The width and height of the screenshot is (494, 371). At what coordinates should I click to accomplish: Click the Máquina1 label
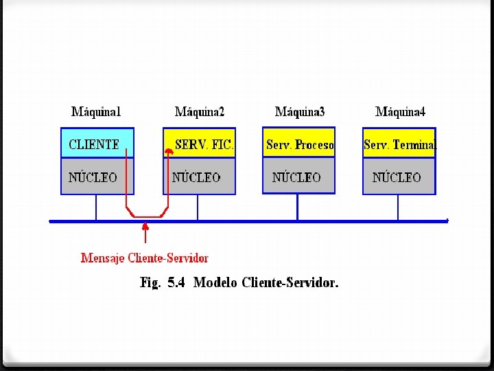tap(96, 111)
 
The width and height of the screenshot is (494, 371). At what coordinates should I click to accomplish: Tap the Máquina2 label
tap(199, 111)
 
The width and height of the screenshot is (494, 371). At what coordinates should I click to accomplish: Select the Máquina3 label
tap(300, 111)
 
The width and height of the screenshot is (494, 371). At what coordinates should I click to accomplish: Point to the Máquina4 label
tap(400, 111)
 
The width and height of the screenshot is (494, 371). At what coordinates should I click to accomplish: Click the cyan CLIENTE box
tap(97, 144)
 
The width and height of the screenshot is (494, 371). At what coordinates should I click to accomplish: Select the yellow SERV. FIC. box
tap(203, 144)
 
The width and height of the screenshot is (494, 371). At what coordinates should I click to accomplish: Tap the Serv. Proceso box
tap(299, 144)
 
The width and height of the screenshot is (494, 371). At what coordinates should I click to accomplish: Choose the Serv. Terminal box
tap(399, 144)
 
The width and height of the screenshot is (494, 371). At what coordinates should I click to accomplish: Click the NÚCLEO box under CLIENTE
tap(97, 177)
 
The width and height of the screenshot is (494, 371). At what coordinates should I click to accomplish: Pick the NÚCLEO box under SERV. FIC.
tap(198, 177)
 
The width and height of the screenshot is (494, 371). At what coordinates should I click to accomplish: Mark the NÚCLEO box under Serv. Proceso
tap(298, 177)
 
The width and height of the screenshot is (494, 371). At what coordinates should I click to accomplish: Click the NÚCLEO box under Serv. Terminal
tap(399, 177)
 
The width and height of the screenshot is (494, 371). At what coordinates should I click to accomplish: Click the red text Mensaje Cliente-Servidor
tap(144, 258)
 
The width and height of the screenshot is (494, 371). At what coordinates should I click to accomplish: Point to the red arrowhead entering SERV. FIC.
tap(169, 153)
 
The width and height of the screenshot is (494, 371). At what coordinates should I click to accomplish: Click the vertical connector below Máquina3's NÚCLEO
tap(297, 207)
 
